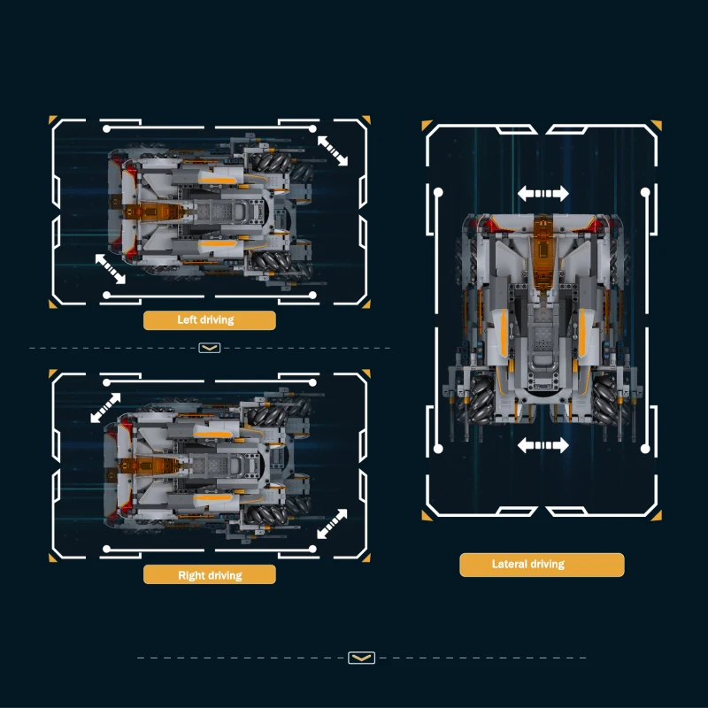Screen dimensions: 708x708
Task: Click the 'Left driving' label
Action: (x=205, y=320)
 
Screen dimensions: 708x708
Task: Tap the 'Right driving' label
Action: (x=210, y=575)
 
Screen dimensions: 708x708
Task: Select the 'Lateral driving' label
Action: (x=528, y=564)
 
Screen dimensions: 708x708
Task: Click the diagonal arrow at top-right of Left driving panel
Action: (x=333, y=150)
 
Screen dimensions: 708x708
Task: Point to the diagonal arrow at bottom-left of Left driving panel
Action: (x=110, y=269)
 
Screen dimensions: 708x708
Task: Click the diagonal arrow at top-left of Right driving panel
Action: (x=105, y=408)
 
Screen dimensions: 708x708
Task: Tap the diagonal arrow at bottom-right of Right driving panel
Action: (x=333, y=524)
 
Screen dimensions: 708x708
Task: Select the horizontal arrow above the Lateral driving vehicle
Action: (x=543, y=194)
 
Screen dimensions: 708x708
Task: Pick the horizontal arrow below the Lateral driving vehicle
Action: (x=543, y=445)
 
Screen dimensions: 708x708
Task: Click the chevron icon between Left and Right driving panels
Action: (x=210, y=348)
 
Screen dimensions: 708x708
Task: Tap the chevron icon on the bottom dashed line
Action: (x=362, y=658)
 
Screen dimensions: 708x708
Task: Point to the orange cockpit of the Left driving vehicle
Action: (x=154, y=212)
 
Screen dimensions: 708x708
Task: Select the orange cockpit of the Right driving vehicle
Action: (x=150, y=466)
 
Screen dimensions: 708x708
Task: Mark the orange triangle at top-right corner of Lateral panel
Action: (x=658, y=125)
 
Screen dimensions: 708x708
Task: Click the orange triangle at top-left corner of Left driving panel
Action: (x=52, y=119)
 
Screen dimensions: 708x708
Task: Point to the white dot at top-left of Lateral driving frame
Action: (x=438, y=192)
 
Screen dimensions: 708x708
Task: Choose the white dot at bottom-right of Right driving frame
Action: (x=312, y=549)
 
